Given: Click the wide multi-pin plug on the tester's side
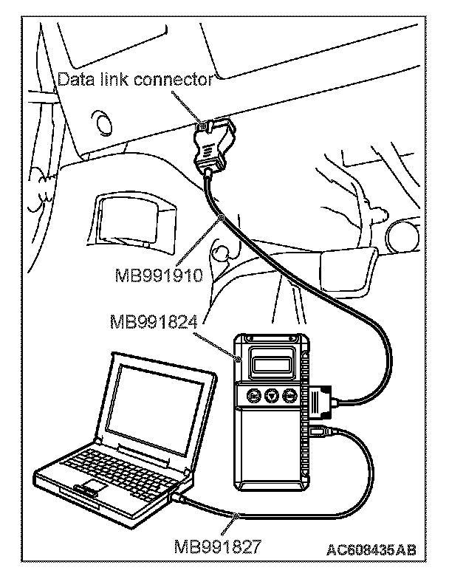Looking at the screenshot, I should coord(323,400).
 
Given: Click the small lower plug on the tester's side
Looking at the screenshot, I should coord(318,431).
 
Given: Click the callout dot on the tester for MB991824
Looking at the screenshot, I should coord(237,361).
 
